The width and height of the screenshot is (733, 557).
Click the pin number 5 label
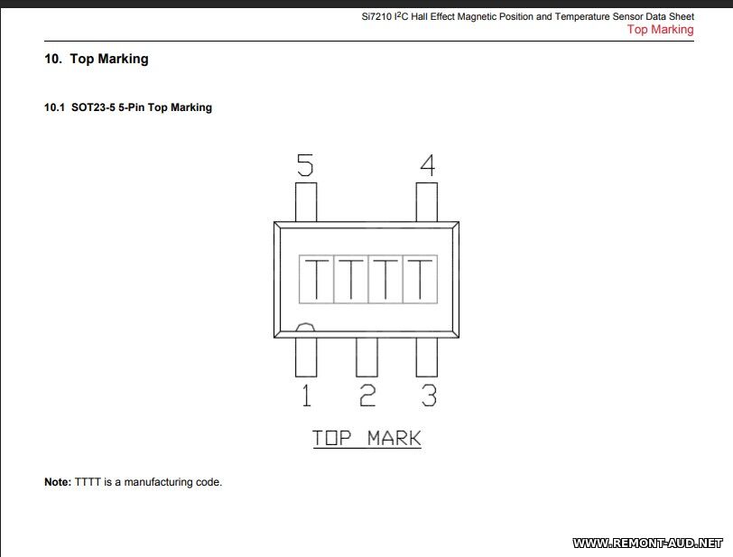point(305,165)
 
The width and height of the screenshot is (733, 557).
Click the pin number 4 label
point(428,165)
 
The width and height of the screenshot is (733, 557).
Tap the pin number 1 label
point(306,395)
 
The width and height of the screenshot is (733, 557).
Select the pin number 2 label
point(367,395)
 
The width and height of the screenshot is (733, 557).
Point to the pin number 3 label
point(429,395)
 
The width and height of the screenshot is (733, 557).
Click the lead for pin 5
point(306,202)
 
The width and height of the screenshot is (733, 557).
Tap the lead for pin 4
point(427,202)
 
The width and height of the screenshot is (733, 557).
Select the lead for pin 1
point(306,357)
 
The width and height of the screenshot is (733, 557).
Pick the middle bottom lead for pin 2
point(367,357)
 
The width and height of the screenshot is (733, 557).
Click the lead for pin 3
point(427,357)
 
